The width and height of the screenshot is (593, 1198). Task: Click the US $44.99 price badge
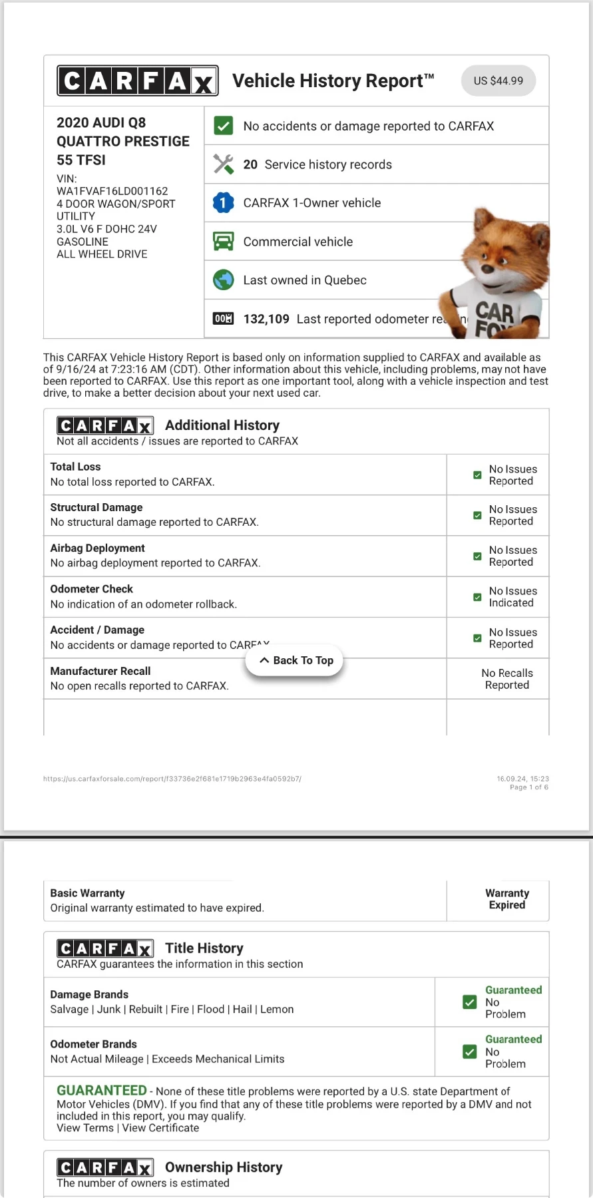[498, 81]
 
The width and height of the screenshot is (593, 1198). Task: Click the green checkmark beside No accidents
[224, 126]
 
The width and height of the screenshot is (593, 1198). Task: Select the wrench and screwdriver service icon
[224, 164]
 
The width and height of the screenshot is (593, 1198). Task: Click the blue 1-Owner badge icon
[224, 203]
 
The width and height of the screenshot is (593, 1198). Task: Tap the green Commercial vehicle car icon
[224, 241]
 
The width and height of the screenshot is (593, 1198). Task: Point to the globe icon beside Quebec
[224, 280]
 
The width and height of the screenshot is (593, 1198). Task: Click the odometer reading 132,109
[266, 319]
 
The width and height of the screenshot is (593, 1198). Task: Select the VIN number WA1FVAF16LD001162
[112, 191]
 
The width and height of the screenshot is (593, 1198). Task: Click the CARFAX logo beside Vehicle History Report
[138, 81]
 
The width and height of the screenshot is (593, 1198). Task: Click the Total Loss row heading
[75, 467]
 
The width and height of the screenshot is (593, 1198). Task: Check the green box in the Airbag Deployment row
[477, 556]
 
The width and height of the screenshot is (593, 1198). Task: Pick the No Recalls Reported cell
[506, 679]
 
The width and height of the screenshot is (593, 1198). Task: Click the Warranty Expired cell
[506, 899]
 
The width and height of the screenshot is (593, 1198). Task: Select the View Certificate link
[160, 1127]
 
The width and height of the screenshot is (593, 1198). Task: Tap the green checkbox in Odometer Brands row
[470, 1052]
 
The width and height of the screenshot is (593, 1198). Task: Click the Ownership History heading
[224, 1167]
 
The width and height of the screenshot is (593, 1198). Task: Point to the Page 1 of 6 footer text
[529, 787]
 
